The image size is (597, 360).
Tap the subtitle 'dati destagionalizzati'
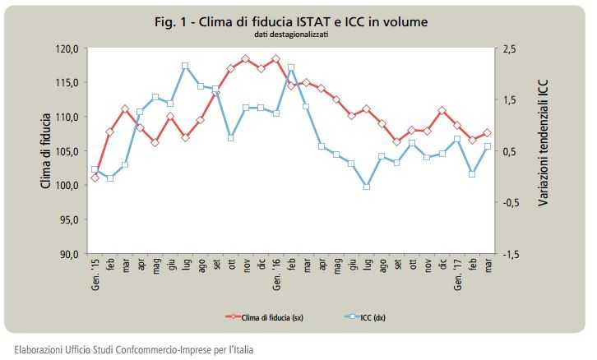[x=296, y=35]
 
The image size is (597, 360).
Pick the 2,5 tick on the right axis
[x=510, y=49]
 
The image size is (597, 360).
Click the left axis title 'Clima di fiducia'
[x=46, y=151]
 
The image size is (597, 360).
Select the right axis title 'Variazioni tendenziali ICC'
[x=544, y=152]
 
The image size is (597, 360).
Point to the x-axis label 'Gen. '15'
[x=94, y=270]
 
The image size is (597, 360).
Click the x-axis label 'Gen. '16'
[x=276, y=270]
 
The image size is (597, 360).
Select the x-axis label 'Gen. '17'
[x=458, y=270]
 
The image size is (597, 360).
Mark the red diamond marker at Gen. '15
[x=95, y=178]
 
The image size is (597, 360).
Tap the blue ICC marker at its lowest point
[x=367, y=187]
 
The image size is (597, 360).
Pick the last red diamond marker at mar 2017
[x=488, y=133]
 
